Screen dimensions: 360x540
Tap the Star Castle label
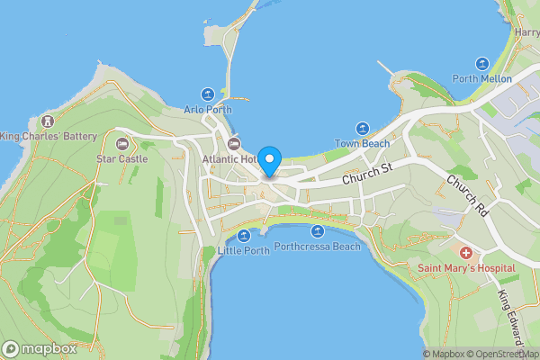(121, 158)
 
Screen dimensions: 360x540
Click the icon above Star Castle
(121, 143)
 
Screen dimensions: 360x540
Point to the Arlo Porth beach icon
(208, 94)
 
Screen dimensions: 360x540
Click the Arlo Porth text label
(208, 110)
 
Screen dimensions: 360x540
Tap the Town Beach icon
(363, 129)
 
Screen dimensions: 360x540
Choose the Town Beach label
(363, 144)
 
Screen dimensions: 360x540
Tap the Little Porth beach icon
(244, 236)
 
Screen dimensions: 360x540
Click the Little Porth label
(244, 251)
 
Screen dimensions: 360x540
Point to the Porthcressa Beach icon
(317, 231)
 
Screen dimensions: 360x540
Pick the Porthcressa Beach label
(317, 247)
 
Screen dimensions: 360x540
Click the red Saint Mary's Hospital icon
(465, 254)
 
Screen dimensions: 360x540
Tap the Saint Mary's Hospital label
(465, 269)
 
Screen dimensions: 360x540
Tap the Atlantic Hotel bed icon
(234, 144)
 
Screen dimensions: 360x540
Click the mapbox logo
(39, 348)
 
